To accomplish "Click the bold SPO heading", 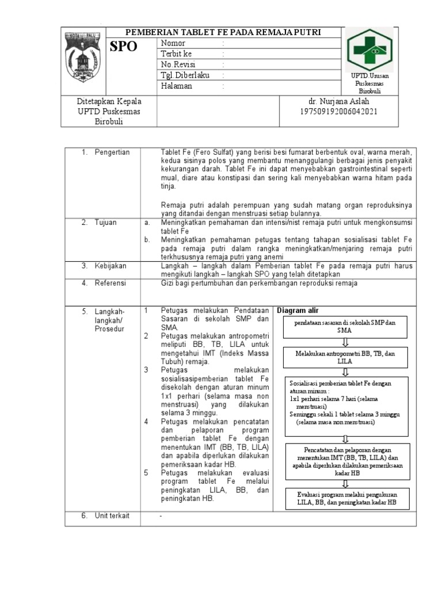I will tap(124, 47).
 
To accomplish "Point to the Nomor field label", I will tap(173, 43).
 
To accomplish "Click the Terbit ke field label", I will tap(176, 54).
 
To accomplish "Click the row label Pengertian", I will tap(112, 152).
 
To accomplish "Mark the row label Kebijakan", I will tap(110, 266).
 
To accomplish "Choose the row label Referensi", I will tap(111, 284).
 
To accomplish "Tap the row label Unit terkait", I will tap(112, 516).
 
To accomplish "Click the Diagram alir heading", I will tap(298, 310).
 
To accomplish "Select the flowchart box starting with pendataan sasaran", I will tap(345, 327).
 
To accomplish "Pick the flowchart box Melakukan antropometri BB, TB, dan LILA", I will tap(345, 355).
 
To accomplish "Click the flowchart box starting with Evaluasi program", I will tap(347, 498).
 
